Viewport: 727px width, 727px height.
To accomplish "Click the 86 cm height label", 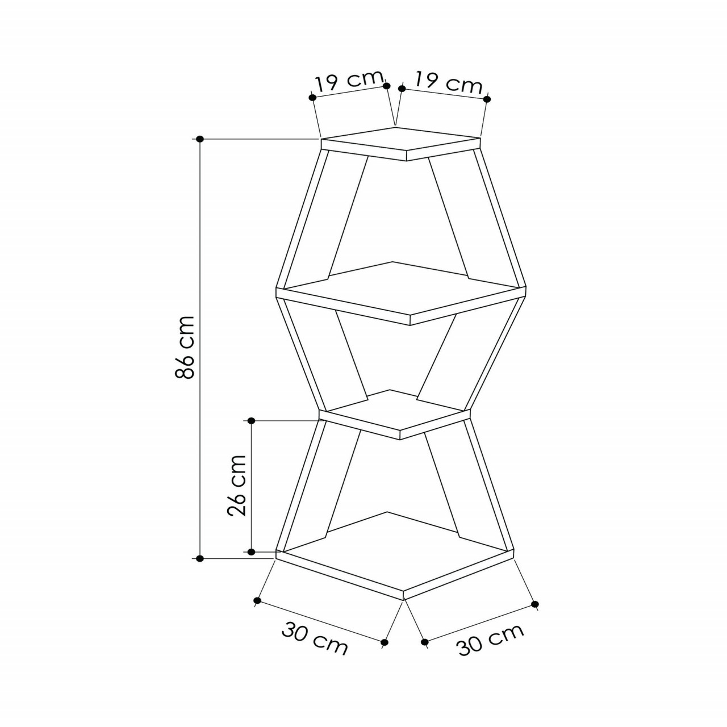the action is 185,346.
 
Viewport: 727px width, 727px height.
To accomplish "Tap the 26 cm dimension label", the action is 236,485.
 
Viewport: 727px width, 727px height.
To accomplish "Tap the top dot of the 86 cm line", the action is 200,139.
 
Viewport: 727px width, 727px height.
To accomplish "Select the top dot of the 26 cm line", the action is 252,420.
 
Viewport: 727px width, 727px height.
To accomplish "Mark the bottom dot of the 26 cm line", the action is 252,551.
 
